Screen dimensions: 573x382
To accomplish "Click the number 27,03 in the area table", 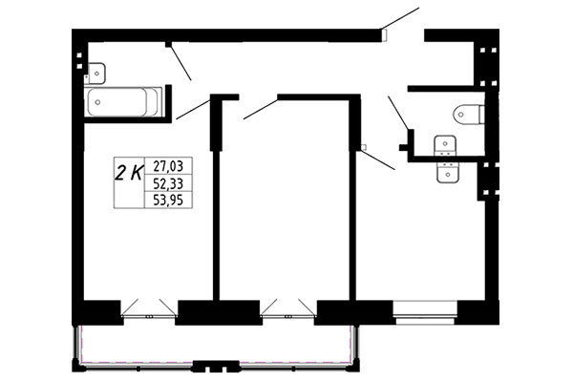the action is coord(168,166).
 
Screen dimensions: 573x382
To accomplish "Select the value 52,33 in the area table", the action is coord(168,183).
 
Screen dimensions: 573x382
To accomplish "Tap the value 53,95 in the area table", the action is coord(168,200).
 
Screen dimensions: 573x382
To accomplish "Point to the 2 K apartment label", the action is coord(129,173).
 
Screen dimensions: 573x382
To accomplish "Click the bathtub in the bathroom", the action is coord(123,102).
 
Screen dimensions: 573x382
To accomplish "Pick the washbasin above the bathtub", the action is coord(96,74).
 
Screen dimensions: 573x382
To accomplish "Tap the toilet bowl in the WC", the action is coord(469,115).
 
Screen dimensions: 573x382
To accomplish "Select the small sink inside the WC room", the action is coord(445,145).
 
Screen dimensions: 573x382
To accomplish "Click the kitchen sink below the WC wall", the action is coord(448,172).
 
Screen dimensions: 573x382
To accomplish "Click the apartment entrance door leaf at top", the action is coord(400,18).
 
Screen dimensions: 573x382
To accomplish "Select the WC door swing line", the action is coord(398,113).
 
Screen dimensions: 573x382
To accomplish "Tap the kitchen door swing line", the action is coord(377,160).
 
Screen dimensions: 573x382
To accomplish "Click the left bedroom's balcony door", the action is coord(149,308).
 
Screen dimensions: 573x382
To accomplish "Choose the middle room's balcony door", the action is coord(288,308).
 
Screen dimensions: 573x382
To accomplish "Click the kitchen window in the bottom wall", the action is coord(425,312).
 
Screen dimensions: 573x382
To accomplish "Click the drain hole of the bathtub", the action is coord(97,102).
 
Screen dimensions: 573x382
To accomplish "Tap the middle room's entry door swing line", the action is coord(261,109).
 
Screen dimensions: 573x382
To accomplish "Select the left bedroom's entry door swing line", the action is coord(193,109).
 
